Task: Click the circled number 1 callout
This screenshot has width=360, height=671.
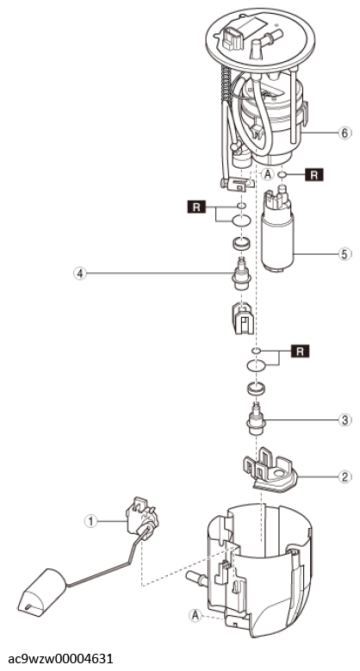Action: tap(90, 521)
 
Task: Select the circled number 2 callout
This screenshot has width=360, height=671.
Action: tap(345, 476)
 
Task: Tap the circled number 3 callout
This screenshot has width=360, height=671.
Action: tap(345, 419)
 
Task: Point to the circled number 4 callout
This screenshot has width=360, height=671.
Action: tap(79, 272)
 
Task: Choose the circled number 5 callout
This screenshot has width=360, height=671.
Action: tap(345, 254)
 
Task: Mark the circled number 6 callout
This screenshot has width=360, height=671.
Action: tap(345, 134)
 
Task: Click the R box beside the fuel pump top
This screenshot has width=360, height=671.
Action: tap(314, 175)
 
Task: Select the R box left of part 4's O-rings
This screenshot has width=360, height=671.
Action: tap(196, 208)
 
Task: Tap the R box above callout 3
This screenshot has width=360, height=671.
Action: tap(300, 351)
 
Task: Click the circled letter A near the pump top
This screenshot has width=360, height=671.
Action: tap(268, 174)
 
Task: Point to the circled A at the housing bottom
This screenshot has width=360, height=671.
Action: tap(196, 615)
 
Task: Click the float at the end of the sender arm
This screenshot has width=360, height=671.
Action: tap(41, 593)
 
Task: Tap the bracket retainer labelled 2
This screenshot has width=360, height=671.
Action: tap(269, 470)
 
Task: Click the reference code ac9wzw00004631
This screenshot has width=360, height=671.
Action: tap(60, 658)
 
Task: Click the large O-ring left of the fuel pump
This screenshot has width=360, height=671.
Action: tap(241, 221)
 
